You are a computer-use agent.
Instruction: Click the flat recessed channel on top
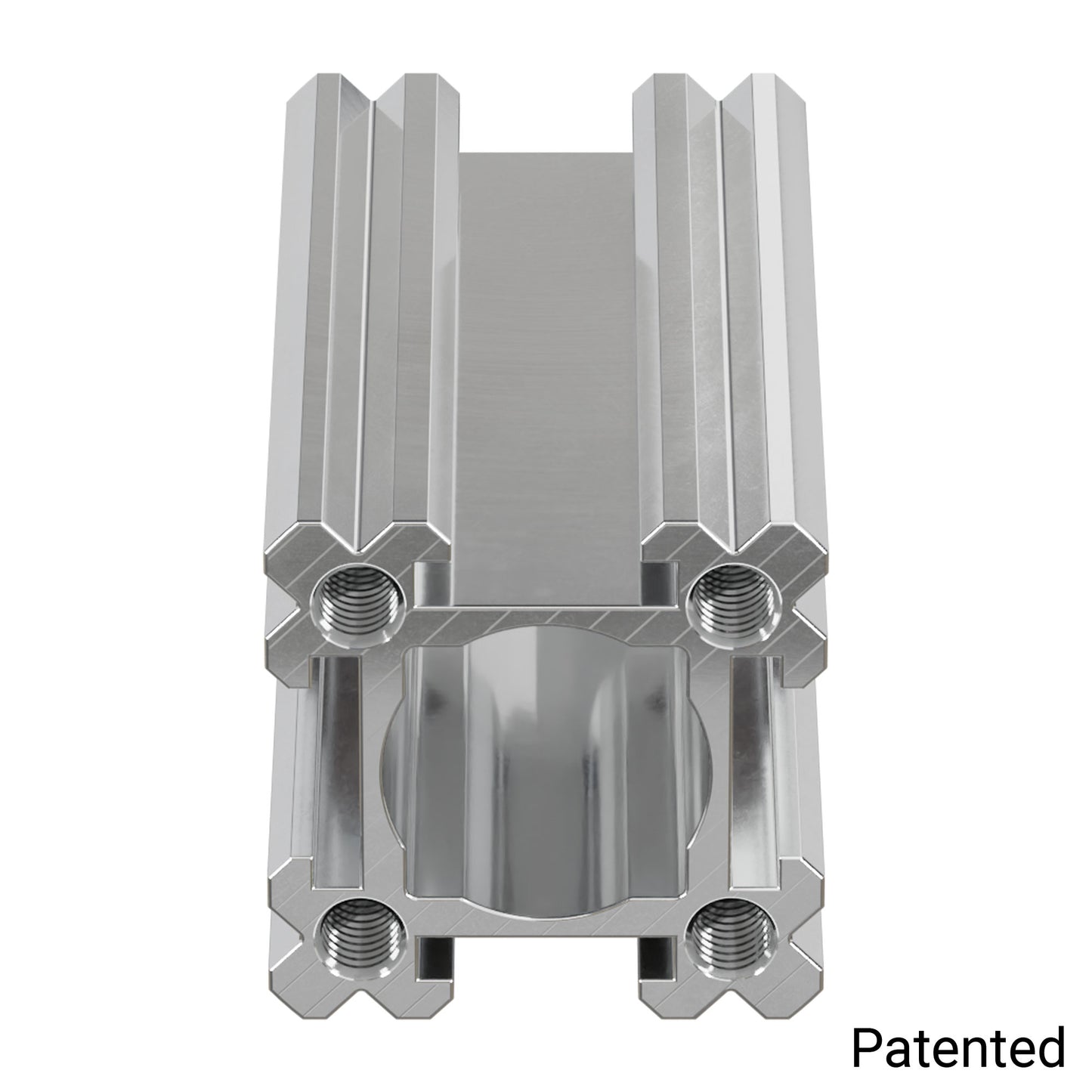pyautogui.click(x=543, y=340)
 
